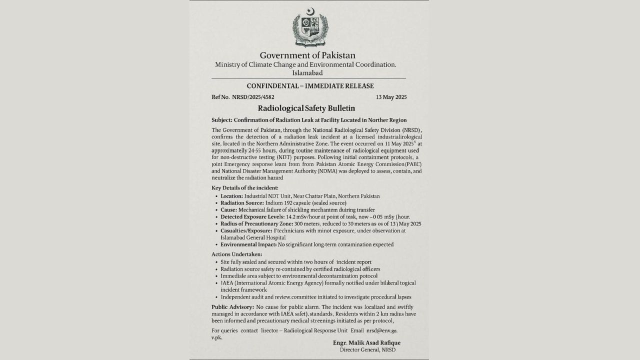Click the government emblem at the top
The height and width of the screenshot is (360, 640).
pos(310,28)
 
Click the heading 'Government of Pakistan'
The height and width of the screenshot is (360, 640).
pos(307,55)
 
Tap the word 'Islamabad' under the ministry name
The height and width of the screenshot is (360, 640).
pos(307,73)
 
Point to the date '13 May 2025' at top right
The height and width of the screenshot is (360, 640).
pos(391,97)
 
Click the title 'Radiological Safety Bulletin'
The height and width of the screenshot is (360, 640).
pos(306,108)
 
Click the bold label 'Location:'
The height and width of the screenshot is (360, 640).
pos(232,196)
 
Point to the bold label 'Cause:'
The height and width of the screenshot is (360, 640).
pos(228,210)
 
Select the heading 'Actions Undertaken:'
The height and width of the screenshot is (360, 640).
pos(236,254)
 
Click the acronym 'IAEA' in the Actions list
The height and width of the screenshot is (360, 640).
pos(227,283)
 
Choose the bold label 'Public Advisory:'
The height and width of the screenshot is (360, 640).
pos(232,306)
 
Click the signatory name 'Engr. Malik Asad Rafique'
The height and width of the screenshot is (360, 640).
pos(366,342)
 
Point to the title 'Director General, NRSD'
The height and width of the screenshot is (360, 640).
pos(367,349)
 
